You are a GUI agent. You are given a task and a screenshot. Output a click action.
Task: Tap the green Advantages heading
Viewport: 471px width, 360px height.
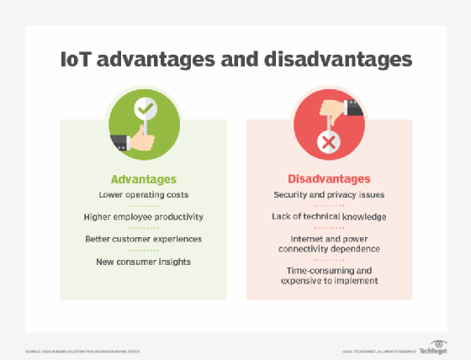coord(144,179)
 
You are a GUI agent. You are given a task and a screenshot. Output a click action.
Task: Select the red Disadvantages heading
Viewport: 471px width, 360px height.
coord(329,179)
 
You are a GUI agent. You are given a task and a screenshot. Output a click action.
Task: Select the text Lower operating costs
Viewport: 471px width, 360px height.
coord(144,195)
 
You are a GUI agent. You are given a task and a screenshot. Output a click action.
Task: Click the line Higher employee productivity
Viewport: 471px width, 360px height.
coord(144,217)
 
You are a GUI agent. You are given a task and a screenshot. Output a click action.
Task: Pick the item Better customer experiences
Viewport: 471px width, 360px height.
coord(144,240)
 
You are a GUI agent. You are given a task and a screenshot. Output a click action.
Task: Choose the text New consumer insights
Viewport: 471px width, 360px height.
coord(144,262)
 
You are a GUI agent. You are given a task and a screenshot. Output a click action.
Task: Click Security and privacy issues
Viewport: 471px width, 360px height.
coord(329,195)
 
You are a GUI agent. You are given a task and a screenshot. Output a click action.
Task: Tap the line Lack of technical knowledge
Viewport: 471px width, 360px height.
coord(329,217)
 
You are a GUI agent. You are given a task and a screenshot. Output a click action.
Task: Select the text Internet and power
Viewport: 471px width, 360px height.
coord(329,239)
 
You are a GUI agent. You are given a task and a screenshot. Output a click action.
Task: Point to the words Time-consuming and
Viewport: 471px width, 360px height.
coord(329,270)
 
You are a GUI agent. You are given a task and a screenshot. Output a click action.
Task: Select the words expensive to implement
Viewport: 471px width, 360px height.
coord(329,281)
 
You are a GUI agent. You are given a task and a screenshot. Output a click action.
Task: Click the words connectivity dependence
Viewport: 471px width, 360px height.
coord(329,250)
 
